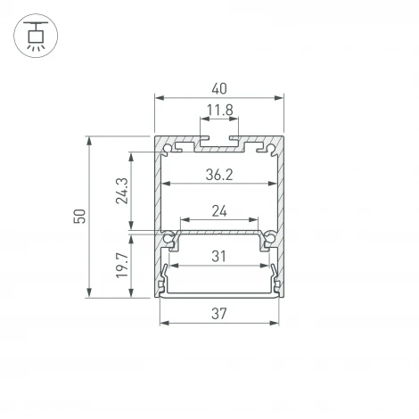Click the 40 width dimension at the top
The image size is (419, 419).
click(219, 89)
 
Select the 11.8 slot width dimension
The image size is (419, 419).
click(219, 111)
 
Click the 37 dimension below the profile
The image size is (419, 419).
click(219, 314)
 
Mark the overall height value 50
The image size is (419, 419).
click(80, 217)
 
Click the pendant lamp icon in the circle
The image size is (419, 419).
click(37, 38)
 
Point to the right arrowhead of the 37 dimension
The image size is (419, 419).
click(277, 323)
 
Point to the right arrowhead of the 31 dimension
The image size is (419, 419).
click(268, 267)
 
